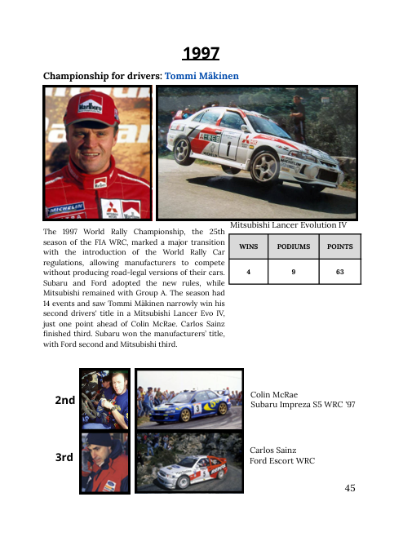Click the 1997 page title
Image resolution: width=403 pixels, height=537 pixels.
[201, 54]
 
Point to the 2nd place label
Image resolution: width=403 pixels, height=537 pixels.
[65, 401]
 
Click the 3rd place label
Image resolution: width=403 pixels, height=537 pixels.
[64, 458]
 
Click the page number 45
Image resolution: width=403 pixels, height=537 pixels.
[350, 488]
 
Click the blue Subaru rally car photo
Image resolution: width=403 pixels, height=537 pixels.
[188, 400]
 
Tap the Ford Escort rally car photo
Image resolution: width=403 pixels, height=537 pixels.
[188, 463]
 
